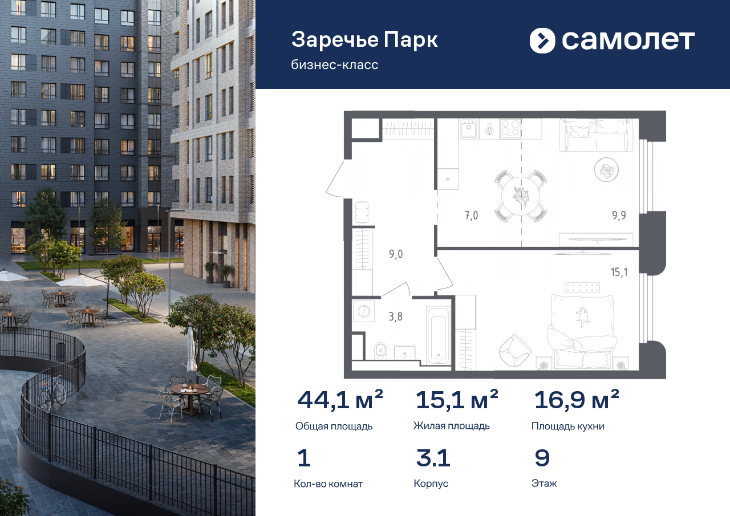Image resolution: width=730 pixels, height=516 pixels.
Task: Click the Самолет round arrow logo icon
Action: (x=542, y=40)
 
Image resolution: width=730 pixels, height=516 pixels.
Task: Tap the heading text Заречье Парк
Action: (x=364, y=40)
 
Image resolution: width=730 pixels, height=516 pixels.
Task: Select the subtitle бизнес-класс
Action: (x=334, y=65)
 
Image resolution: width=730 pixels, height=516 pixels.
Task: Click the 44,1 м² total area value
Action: (x=340, y=400)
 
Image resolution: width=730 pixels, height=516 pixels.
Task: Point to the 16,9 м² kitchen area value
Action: (x=577, y=400)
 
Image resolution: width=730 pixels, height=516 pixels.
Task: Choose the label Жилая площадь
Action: (x=451, y=426)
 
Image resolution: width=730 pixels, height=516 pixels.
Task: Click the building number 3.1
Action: (x=433, y=458)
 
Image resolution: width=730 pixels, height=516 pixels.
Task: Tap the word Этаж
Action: (x=544, y=483)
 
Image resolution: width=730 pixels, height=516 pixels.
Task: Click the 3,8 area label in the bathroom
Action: (x=395, y=316)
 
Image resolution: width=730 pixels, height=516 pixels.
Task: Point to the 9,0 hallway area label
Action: (x=396, y=254)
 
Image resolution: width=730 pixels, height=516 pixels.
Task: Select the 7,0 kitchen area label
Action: (x=471, y=216)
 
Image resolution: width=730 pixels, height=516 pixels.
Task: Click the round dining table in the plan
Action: (x=521, y=196)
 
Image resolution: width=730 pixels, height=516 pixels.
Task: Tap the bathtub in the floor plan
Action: (x=439, y=335)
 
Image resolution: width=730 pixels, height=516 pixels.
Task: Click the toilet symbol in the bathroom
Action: (x=380, y=351)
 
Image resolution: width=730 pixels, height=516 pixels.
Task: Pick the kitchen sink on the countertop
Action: (x=469, y=128)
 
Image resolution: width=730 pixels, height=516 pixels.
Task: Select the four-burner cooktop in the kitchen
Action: (x=510, y=128)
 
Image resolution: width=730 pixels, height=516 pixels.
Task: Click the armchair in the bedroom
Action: (x=514, y=350)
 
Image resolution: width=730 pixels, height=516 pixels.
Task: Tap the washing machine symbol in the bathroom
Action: (x=363, y=311)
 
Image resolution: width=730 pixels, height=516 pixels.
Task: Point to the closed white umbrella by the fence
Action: (x=191, y=350)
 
